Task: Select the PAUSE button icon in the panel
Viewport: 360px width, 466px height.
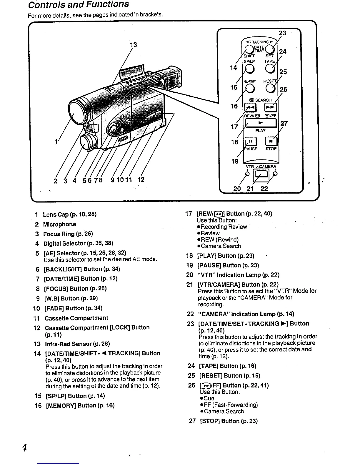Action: point(250,142)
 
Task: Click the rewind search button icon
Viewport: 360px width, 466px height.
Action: point(250,108)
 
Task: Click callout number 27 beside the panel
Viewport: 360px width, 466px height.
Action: point(284,123)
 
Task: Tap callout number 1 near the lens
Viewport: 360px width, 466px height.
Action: point(56,142)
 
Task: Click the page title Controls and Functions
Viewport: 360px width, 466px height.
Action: point(79,4)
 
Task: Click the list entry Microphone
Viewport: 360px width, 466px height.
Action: point(59,224)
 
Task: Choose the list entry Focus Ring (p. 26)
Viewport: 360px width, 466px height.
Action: point(68,234)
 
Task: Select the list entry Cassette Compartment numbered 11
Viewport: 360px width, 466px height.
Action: point(76,318)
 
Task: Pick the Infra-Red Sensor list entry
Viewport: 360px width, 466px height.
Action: point(77,344)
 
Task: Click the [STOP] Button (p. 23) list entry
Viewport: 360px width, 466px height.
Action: point(229,421)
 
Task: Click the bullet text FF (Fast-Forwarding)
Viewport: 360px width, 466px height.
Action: point(231,405)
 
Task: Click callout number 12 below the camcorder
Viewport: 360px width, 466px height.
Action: point(141,179)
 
